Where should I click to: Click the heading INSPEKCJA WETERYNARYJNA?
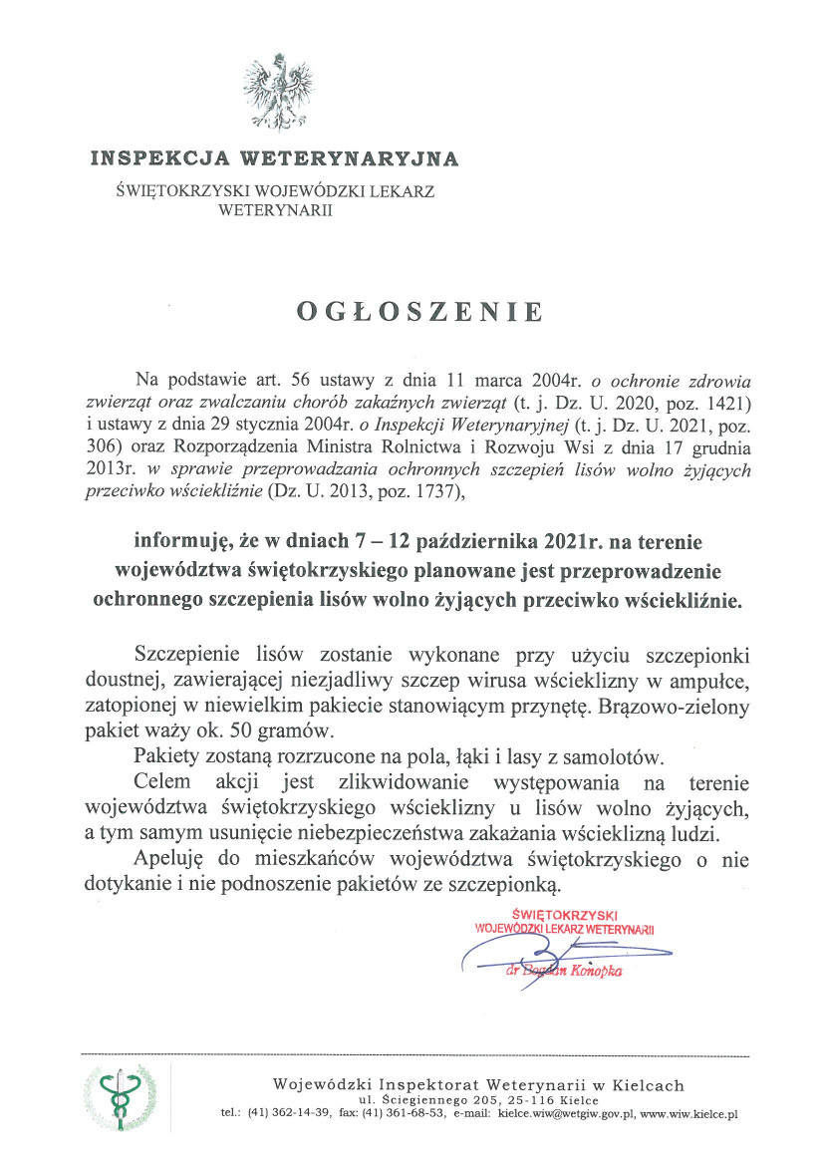pyautogui.click(x=274, y=157)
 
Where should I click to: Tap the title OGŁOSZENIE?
pyautogui.click(x=419, y=312)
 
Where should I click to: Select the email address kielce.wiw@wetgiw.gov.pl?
pyautogui.click(x=566, y=1114)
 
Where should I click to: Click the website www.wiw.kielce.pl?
pyautogui.click(x=688, y=1114)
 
